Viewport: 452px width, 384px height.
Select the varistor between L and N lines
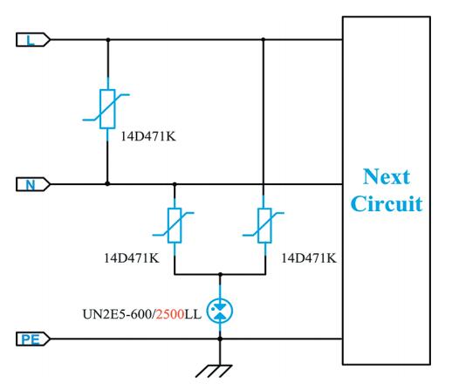[x=107, y=109]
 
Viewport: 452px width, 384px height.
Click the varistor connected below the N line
[x=175, y=225]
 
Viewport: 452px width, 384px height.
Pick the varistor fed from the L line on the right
[x=264, y=225]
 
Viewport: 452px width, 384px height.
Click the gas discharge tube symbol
[x=220, y=312]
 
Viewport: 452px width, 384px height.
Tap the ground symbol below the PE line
[x=214, y=372]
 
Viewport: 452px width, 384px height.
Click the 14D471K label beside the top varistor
[x=148, y=136]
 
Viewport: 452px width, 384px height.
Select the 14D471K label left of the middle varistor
[x=132, y=258]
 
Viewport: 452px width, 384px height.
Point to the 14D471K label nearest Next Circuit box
[x=309, y=258]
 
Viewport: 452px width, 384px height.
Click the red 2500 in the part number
[x=170, y=314]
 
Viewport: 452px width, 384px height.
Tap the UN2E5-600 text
[x=117, y=314]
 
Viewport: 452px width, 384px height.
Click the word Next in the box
[x=387, y=176]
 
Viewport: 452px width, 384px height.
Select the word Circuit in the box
[x=387, y=203]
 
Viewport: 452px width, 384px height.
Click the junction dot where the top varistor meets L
[x=108, y=39]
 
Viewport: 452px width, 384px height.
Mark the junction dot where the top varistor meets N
[x=107, y=184]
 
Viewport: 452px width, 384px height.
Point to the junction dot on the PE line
[x=220, y=339]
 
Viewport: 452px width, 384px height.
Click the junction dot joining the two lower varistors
[x=220, y=274]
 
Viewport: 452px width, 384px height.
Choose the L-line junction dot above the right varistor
[x=264, y=39]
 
